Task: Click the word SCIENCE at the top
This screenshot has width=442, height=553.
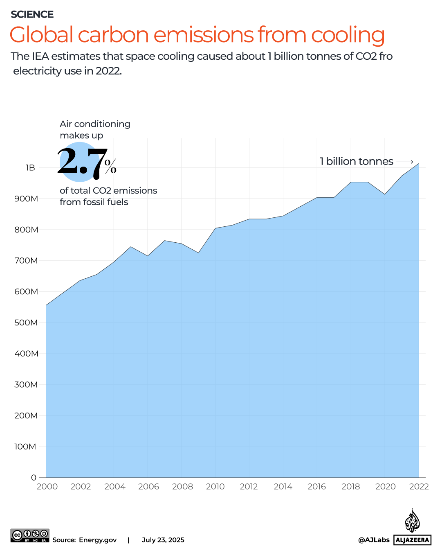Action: click(32, 14)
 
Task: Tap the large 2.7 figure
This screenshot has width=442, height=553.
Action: click(82, 162)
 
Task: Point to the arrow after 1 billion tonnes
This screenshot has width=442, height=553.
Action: click(405, 162)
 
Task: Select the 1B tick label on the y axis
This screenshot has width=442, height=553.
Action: click(30, 168)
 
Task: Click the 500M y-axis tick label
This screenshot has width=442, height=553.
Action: click(26, 323)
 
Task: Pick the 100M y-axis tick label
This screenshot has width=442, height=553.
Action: click(25, 447)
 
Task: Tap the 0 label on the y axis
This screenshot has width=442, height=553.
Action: click(34, 478)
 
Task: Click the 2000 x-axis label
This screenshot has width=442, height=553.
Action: click(47, 487)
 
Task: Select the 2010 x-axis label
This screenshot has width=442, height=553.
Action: click(215, 487)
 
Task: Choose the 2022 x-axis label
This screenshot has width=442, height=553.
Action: click(419, 487)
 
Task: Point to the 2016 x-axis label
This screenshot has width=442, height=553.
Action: click(316, 487)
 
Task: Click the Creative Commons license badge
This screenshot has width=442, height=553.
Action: click(30, 535)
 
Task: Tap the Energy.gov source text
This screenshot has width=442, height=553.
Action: click(98, 540)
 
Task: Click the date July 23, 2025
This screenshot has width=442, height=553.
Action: click(163, 540)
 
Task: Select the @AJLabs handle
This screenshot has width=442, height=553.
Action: click(374, 540)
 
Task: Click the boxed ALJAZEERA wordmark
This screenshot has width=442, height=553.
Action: click(412, 540)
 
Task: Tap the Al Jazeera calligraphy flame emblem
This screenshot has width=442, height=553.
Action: click(412, 521)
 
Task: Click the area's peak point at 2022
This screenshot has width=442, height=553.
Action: click(418, 164)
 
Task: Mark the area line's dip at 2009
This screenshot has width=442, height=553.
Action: click(198, 253)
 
